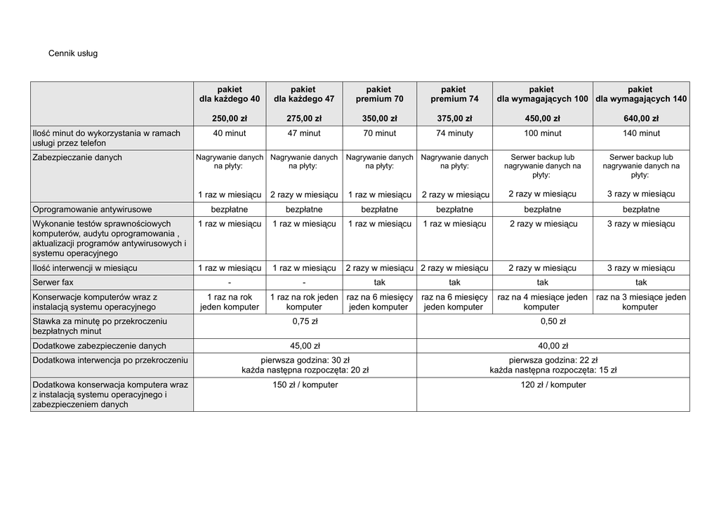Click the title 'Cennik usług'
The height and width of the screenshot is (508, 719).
pos(73,53)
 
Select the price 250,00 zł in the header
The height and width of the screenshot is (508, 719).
pos(230,119)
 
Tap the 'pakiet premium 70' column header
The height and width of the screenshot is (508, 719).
pos(378,94)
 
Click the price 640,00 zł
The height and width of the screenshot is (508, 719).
pos(640,119)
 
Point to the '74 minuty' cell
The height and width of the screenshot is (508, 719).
pos(454,133)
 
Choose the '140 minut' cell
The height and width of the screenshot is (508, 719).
pos(640,133)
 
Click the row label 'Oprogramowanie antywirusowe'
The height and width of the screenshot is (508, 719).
pos(93,209)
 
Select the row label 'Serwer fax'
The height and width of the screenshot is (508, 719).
pos(53,282)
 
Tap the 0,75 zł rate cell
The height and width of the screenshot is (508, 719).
pos(305,321)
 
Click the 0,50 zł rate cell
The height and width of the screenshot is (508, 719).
pos(553,321)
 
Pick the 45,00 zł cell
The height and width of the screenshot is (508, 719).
pos(305,346)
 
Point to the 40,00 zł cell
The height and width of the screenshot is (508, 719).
pos(553,346)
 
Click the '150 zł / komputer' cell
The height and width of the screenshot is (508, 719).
pos(305,385)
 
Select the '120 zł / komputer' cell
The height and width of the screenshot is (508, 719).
pos(553,385)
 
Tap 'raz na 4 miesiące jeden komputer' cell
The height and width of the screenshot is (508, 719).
pos(542,302)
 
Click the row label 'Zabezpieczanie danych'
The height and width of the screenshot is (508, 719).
pos(77,158)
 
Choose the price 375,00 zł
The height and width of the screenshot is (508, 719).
pos(454,119)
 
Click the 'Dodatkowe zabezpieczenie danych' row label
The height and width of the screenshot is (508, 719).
pos(100,346)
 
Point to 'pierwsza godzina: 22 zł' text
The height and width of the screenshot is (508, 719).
pos(553,360)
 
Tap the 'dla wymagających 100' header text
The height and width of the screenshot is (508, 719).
pos(542,100)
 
